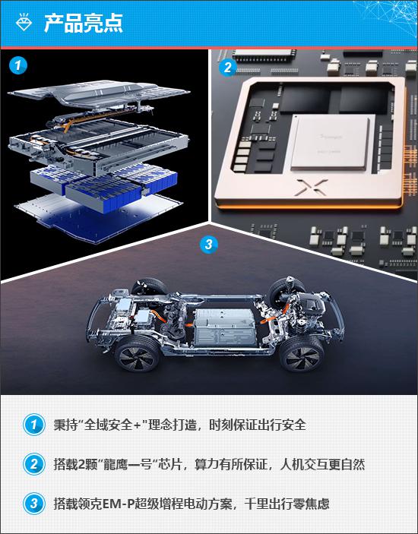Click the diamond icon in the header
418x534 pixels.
(24, 22)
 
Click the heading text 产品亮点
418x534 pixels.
(84, 23)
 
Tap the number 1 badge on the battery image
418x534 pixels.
(18, 65)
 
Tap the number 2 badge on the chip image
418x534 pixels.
(227, 67)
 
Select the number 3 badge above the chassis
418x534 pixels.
(208, 244)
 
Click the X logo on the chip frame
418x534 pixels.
(310, 188)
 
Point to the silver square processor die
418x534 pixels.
(329, 142)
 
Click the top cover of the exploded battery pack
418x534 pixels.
(99, 93)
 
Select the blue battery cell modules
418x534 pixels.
(104, 185)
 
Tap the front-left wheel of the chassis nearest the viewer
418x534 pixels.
(300, 355)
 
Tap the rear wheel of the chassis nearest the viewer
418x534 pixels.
(137, 355)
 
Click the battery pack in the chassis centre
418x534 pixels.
(225, 326)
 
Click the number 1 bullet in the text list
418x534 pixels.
(33, 425)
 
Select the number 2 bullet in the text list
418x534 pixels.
(33, 464)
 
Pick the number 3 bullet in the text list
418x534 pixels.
(33, 504)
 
